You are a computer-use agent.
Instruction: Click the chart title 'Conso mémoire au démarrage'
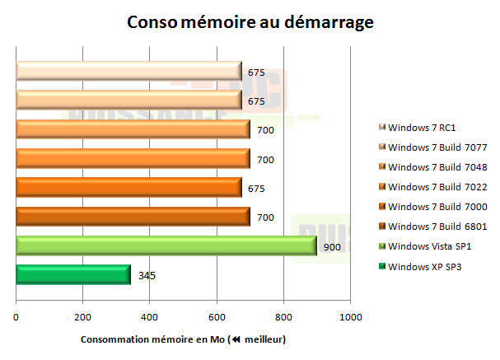tap(250, 21)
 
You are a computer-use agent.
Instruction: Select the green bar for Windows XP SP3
tap(73, 274)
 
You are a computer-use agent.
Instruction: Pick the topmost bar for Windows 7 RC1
tap(129, 72)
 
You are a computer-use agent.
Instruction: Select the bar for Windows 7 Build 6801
tap(133, 217)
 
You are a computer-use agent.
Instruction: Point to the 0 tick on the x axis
tap(16, 317)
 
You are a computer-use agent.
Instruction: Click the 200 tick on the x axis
tap(82, 317)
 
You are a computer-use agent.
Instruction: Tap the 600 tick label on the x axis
tap(217, 317)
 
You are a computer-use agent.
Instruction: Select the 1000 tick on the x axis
tap(351, 317)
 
